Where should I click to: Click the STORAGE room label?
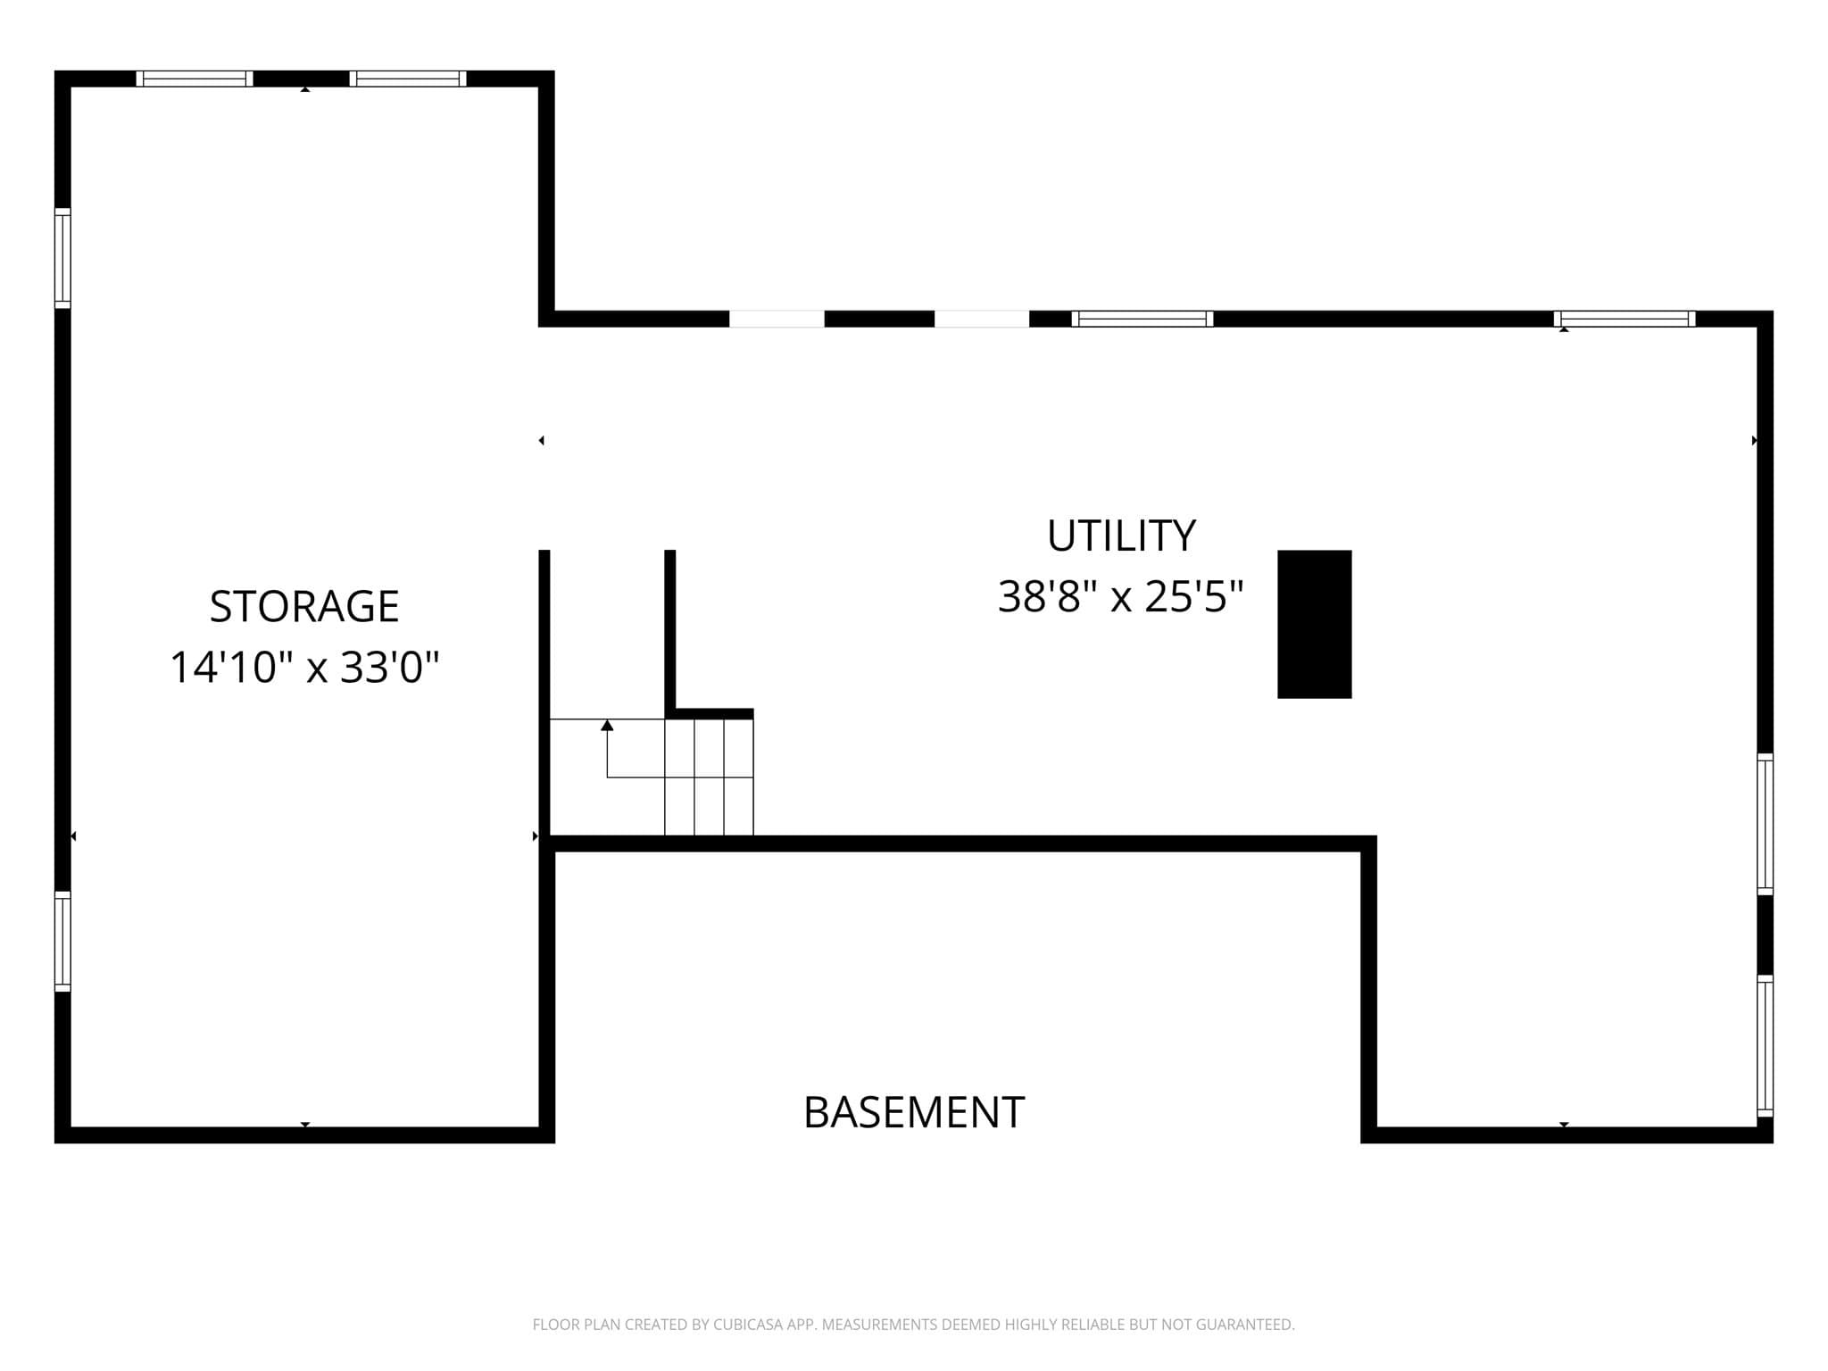coord(304,606)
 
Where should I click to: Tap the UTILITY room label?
coord(1121,536)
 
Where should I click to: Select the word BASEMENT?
coord(914,1112)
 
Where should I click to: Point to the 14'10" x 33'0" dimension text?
coord(304,667)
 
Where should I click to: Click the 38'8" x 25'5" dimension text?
coord(1121,596)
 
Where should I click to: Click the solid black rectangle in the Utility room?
coord(1314,624)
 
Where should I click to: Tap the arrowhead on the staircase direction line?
coord(607,725)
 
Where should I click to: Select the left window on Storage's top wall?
coord(195,79)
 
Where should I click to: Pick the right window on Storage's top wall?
coord(408,79)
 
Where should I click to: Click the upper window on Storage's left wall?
coord(62,258)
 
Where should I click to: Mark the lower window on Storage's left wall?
coord(62,942)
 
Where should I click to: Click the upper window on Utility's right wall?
coord(1765,824)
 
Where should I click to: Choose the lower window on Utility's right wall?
coord(1765,1046)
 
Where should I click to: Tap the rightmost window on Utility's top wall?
coord(1624,319)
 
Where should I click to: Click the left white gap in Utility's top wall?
coord(777,319)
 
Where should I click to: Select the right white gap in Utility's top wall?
coord(982,319)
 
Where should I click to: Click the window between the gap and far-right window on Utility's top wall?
coord(1142,319)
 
